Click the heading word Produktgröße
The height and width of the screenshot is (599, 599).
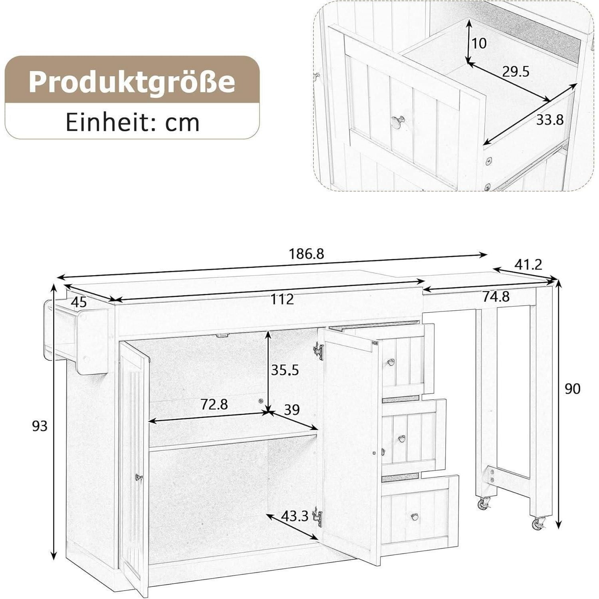coord(131,82)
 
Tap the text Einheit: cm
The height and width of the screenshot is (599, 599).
coord(132,122)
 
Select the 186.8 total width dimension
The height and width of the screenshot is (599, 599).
coord(306,253)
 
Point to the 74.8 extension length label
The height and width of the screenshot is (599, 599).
coord(496,296)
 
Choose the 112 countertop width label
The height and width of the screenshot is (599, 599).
coord(282,299)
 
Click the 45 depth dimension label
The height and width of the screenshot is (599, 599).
coord(79,302)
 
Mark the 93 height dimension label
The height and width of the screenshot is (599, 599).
coord(40,426)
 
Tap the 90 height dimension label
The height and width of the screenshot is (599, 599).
coord(572,388)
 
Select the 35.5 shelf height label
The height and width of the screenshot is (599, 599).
coord(285,370)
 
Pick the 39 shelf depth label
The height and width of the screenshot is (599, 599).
coord(292,410)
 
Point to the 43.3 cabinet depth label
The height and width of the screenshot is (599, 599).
coord(295,516)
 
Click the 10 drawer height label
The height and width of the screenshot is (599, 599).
coord(479,43)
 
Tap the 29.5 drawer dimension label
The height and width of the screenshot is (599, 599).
coord(516,72)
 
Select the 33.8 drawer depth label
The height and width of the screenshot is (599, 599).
coord(549,119)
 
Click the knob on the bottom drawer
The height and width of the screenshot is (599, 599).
coord(414,516)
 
